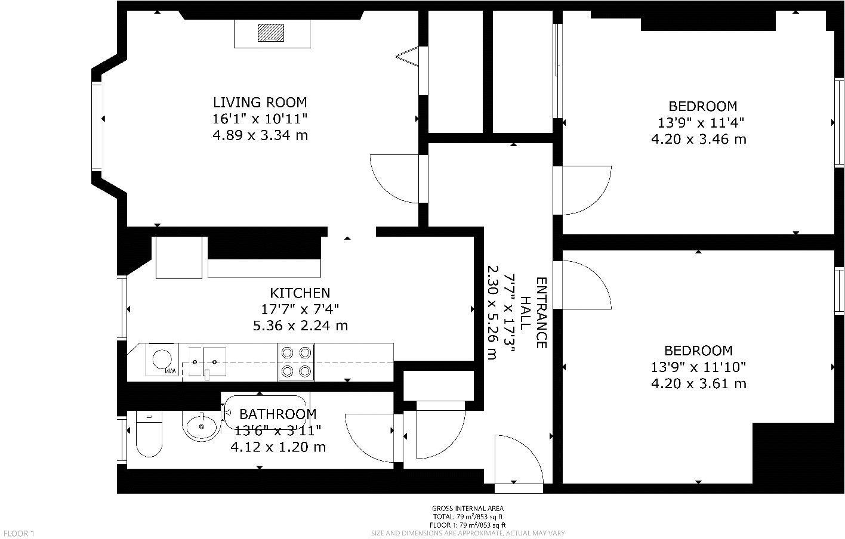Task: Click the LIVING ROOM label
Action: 260,102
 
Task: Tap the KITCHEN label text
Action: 300,293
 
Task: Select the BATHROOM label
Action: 277,414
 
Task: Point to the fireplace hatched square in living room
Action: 270,32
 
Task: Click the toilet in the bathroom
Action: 149,434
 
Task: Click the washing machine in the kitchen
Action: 162,360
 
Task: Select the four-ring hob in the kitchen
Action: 296,363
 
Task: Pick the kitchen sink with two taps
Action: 204,363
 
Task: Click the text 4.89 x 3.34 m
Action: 260,135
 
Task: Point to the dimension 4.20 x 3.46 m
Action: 699,140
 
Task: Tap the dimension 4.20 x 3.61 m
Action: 699,384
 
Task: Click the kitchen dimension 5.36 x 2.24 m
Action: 300,326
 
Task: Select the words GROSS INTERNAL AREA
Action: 468,509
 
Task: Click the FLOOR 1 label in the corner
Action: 19,534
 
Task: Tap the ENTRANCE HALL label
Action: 533,313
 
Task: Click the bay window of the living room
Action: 97,126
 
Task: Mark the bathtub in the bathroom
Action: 266,413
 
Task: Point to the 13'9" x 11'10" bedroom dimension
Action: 699,367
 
